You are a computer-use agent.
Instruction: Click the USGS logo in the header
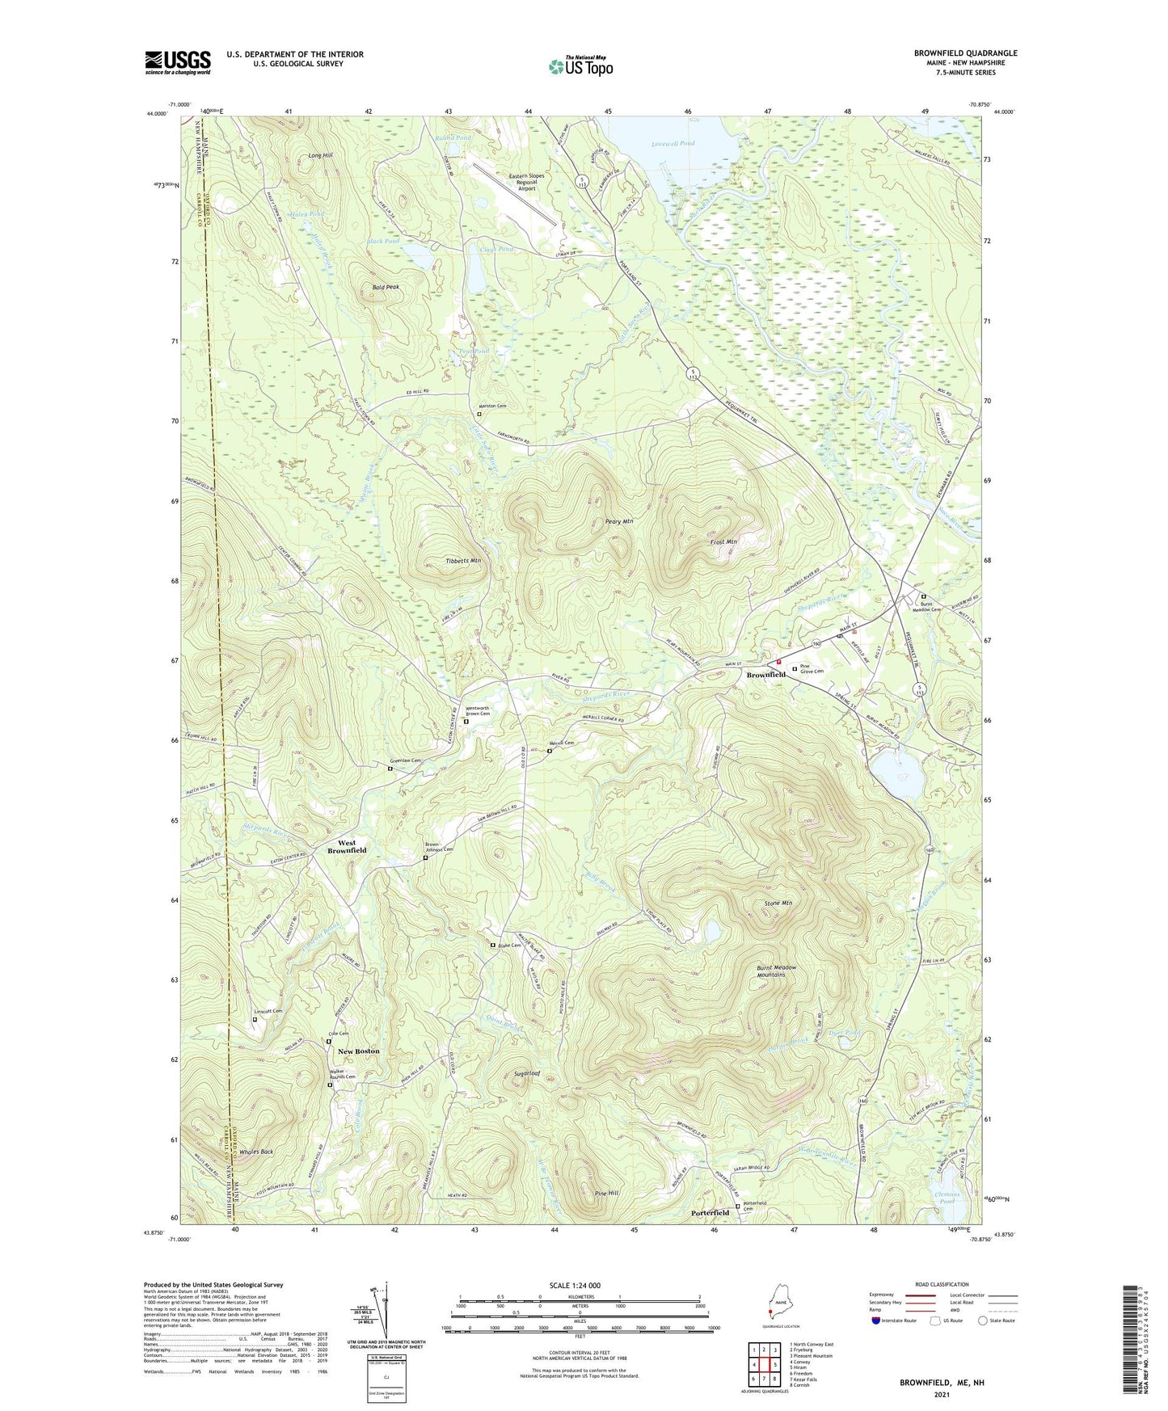(x=177, y=62)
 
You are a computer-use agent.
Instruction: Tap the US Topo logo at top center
(x=579, y=67)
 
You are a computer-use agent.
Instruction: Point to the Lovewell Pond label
(x=673, y=144)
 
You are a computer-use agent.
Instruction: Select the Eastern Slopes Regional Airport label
(x=526, y=182)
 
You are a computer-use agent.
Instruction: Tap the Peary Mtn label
(x=618, y=522)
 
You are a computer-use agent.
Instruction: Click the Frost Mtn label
(x=723, y=541)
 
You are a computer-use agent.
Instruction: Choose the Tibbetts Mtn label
(x=463, y=560)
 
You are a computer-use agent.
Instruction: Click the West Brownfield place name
(x=346, y=846)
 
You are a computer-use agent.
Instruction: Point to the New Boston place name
(x=358, y=1051)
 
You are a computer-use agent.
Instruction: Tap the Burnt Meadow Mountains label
(x=777, y=971)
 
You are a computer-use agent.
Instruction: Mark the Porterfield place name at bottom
(x=710, y=1213)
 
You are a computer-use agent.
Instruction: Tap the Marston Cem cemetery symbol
(x=479, y=414)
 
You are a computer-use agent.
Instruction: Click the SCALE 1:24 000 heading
(x=580, y=1285)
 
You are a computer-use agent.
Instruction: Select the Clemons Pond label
(x=947, y=1198)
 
